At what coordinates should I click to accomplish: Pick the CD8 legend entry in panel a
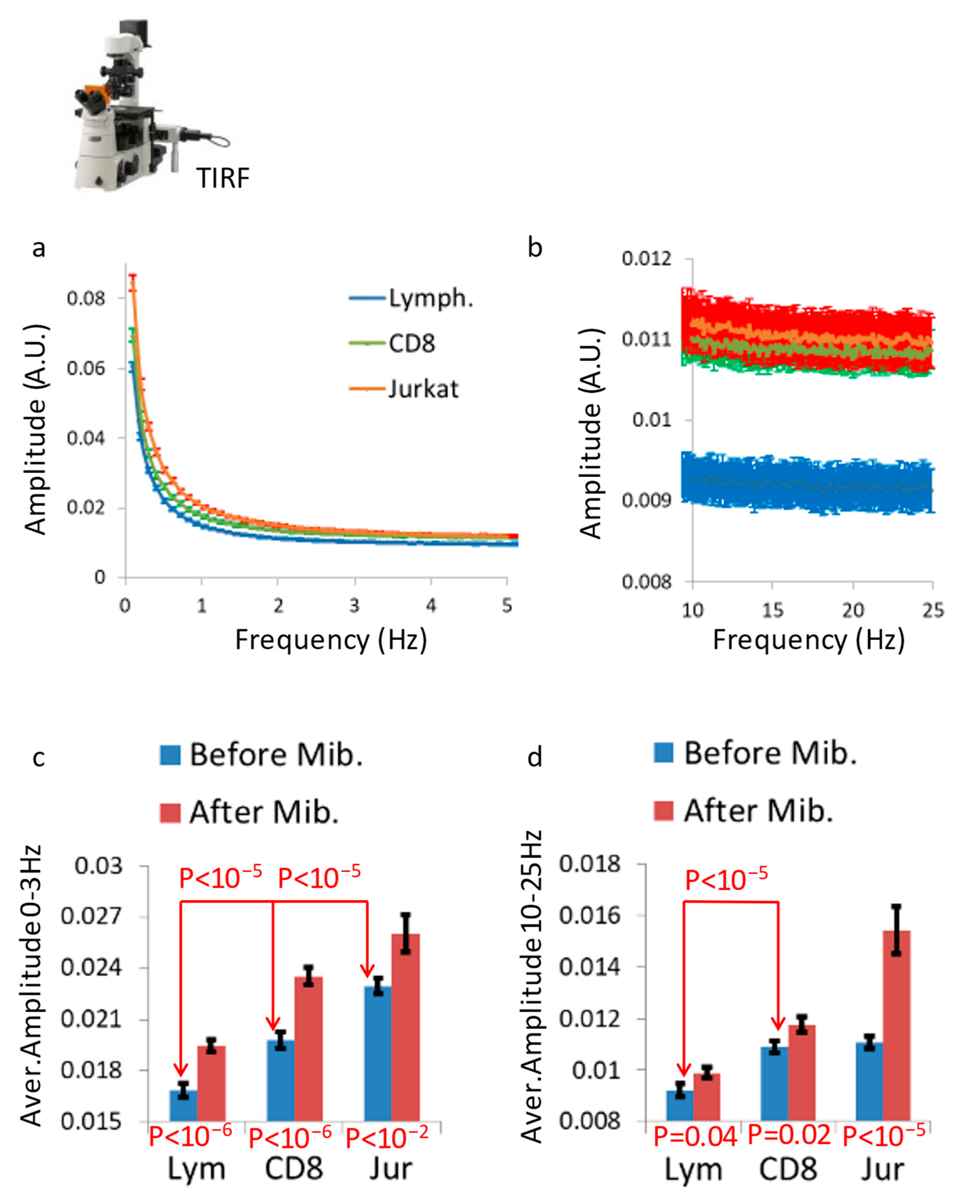(411, 344)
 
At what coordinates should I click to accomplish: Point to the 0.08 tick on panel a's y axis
(86, 299)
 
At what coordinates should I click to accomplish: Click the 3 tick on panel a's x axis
(354, 606)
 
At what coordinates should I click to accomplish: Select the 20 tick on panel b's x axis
(853, 610)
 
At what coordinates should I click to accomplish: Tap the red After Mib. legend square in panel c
(170, 813)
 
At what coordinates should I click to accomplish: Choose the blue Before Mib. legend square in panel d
(663, 753)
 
